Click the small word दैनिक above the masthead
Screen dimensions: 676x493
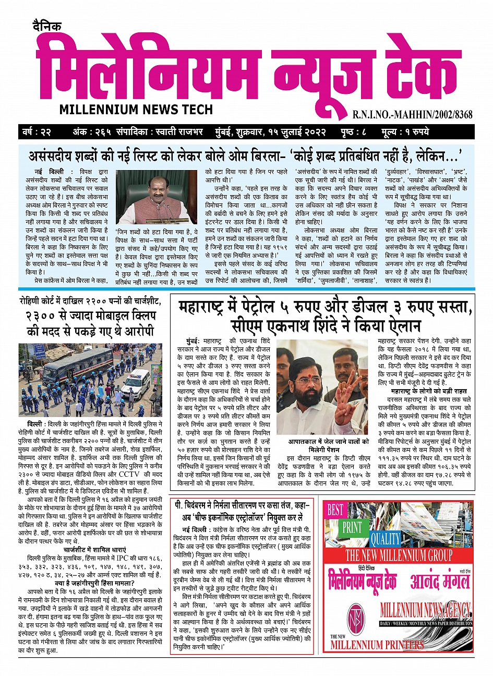pos(46,27)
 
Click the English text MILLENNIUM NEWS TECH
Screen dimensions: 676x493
pos(136,110)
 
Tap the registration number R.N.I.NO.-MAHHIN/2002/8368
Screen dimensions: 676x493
pos(412,114)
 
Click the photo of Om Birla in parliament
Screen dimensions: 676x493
pos(157,197)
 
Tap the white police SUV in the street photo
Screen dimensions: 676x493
pos(136,383)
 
